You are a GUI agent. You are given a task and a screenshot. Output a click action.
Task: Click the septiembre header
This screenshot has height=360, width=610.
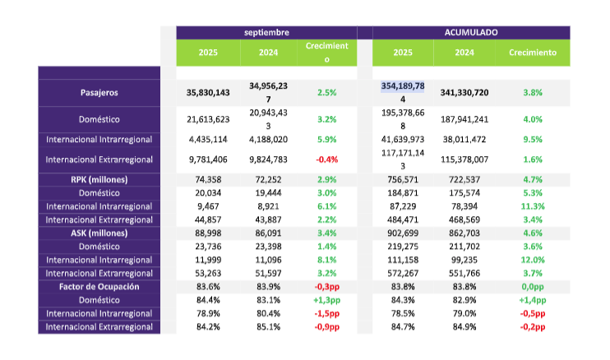click(266, 32)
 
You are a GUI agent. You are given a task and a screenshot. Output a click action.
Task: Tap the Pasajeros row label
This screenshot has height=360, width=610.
click(99, 92)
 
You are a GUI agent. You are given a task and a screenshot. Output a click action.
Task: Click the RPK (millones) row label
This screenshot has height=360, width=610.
click(99, 178)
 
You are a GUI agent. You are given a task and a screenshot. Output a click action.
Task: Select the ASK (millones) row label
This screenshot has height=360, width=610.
click(99, 234)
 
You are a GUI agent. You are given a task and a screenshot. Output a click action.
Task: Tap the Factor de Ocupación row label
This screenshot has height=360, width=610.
click(99, 286)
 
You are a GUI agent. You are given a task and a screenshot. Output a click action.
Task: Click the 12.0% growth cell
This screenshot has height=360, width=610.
click(533, 259)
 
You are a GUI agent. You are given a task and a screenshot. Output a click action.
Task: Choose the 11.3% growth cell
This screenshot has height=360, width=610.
click(533, 206)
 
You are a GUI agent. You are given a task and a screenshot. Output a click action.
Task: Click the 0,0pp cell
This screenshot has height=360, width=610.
click(533, 286)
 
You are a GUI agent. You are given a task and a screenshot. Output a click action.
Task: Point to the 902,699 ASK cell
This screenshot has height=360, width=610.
click(403, 234)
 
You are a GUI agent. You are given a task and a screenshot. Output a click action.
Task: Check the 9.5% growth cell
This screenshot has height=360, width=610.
click(533, 139)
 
